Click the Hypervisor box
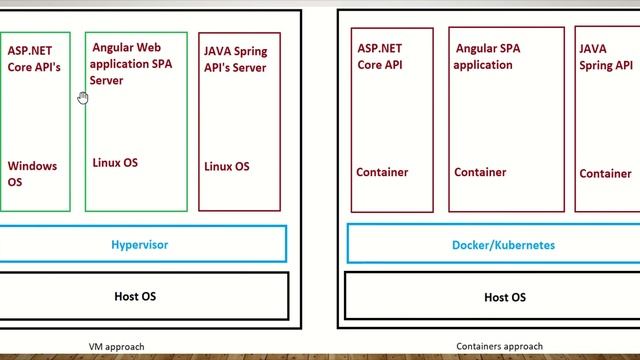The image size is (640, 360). coord(139,244)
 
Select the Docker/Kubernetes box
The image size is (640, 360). coord(491,244)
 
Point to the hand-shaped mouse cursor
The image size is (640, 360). coord(82,97)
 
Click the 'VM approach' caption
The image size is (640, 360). coord(116,347)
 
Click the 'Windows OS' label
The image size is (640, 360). coord(32,174)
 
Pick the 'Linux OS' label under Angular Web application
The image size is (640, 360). coord(115,162)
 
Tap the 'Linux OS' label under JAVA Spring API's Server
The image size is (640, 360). coord(227,166)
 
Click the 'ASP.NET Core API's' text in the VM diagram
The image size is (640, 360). coord(34,58)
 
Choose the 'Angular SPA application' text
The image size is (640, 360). coord(487,56)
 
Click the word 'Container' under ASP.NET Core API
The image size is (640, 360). coord(382,172)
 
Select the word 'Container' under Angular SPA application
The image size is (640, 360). coord(480,172)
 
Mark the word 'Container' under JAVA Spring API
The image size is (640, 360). coord(605,173)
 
